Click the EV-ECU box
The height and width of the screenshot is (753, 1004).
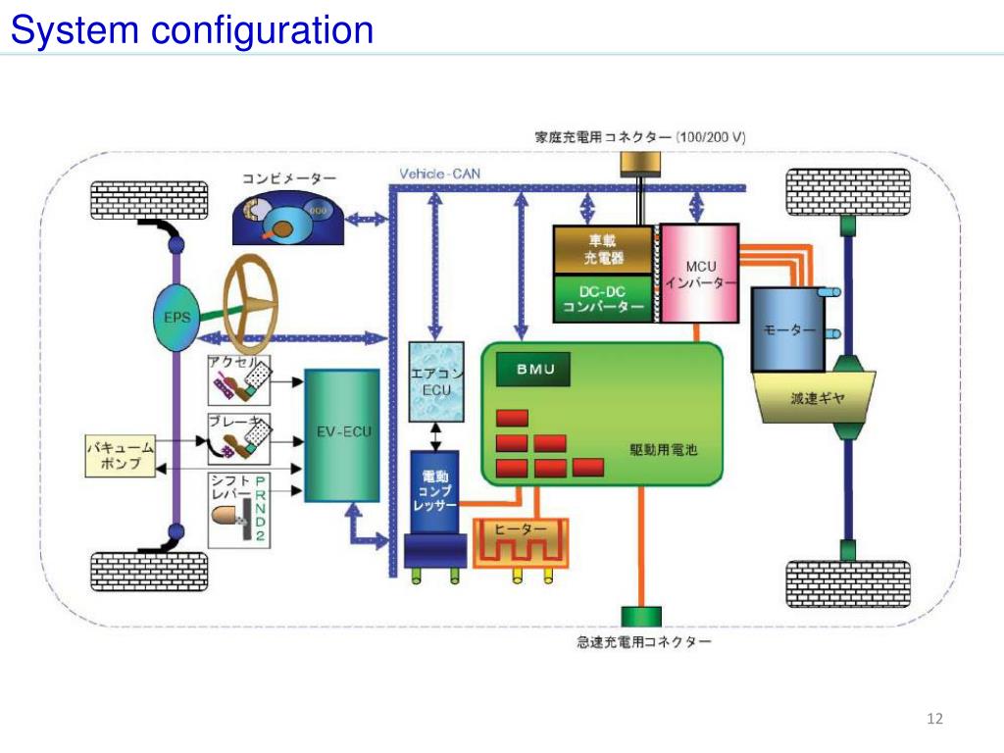[x=342, y=434]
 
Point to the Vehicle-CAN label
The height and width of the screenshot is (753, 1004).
[x=439, y=175]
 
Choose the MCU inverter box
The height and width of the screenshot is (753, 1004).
[x=700, y=274]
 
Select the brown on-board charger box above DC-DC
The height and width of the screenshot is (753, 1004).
[x=603, y=250]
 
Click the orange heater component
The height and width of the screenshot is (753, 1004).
[x=520, y=542]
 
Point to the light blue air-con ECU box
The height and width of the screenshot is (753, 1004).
[x=435, y=382]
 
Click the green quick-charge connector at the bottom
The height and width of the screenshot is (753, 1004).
[x=641, y=617]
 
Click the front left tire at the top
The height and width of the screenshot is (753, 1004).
[x=149, y=200]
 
